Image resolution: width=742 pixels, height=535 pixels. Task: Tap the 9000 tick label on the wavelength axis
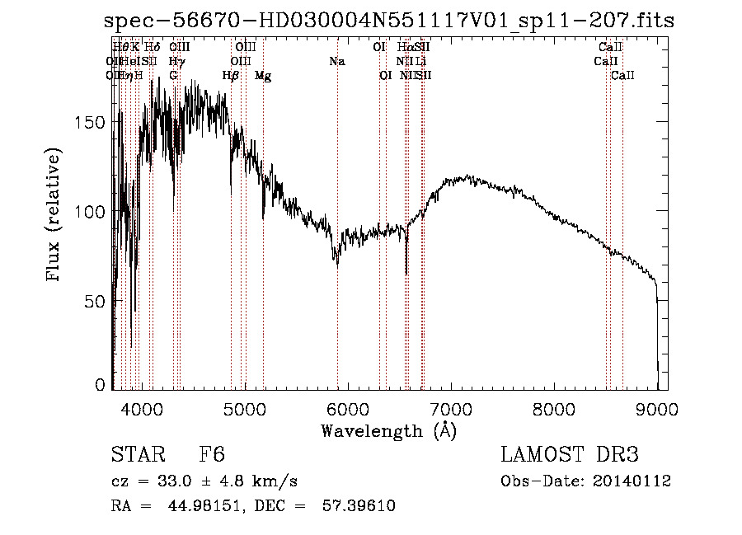click(657, 408)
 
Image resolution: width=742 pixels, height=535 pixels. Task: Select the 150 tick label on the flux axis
click(92, 122)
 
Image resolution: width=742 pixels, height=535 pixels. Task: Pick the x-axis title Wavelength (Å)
click(388, 430)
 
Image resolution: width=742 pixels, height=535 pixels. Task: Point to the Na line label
click(336, 61)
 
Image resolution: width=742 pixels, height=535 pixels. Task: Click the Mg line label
click(263, 76)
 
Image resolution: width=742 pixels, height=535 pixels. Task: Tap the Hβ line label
click(231, 76)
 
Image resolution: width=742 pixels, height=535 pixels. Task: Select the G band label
click(173, 76)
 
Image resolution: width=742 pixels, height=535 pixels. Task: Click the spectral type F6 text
click(212, 455)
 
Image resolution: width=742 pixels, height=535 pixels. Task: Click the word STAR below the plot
click(138, 455)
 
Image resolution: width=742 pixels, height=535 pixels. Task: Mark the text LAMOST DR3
click(569, 455)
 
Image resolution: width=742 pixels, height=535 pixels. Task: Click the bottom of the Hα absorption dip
click(406, 273)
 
